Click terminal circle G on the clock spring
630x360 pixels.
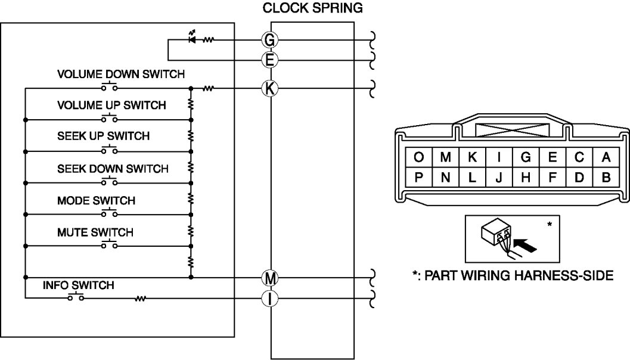(269, 40)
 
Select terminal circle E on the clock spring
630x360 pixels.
(269, 60)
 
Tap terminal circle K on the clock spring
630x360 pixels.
(269, 88)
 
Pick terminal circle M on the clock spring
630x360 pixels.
(269, 278)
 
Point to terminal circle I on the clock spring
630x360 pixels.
(269, 299)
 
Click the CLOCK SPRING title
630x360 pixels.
(312, 8)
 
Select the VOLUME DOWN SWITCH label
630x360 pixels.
(121, 75)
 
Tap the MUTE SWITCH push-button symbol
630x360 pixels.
(109, 244)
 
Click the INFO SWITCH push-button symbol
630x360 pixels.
(76, 296)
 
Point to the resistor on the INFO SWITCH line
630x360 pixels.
(140, 299)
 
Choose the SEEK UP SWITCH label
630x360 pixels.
(103, 136)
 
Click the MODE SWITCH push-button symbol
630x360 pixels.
(109, 213)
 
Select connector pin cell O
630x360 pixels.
(418, 157)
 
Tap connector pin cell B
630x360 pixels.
(606, 177)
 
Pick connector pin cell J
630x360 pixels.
(499, 177)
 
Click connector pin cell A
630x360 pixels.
(606, 157)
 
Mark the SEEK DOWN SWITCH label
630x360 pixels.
(113, 169)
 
